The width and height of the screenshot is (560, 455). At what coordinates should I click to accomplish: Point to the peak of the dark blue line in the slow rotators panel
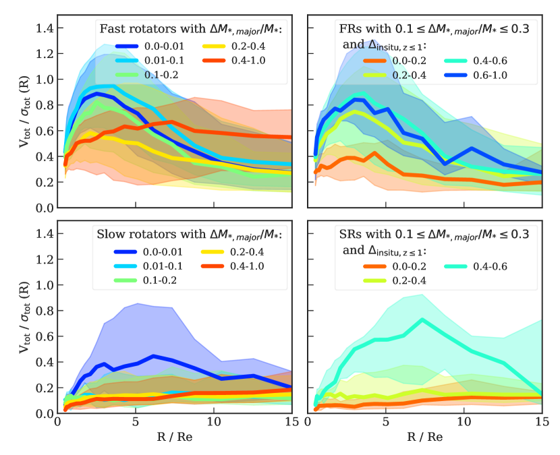[154, 355]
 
